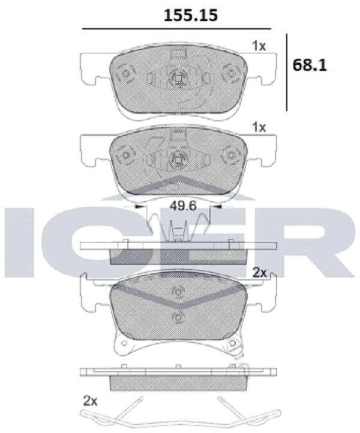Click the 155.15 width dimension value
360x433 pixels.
coord(191,16)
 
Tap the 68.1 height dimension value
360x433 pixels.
coord(310,65)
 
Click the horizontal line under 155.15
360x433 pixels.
coord(177,29)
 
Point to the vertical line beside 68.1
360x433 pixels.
coord(287,72)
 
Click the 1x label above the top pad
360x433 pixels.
coord(259,46)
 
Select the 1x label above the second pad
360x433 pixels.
coord(259,127)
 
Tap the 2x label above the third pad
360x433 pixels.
coord(260,273)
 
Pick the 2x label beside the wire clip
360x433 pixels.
coord(90,401)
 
